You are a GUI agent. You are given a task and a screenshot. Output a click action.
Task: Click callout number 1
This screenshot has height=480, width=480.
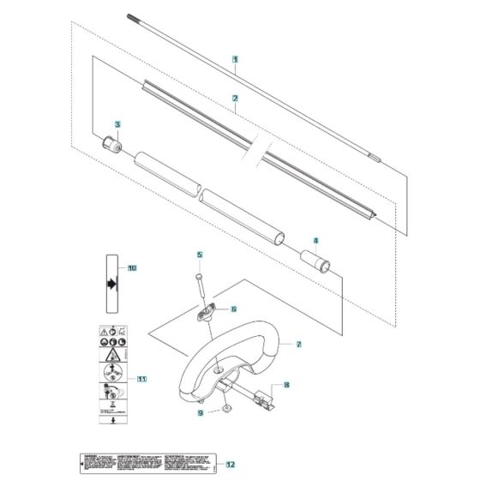[235, 59]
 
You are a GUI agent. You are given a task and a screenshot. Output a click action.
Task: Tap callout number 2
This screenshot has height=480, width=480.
[235, 99]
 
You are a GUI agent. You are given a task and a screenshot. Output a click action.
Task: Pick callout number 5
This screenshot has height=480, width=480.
[198, 255]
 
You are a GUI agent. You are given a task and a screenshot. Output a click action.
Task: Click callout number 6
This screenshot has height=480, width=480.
[232, 309]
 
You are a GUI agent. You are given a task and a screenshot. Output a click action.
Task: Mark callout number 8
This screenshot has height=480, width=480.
[285, 386]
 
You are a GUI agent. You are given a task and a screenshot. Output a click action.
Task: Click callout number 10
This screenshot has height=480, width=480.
[131, 267]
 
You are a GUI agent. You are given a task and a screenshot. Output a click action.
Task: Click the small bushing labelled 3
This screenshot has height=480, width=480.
[109, 141]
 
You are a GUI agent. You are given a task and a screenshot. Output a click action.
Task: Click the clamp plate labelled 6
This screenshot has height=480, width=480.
[207, 314]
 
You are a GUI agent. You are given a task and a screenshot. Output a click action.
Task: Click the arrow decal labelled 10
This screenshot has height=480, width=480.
[111, 283]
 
